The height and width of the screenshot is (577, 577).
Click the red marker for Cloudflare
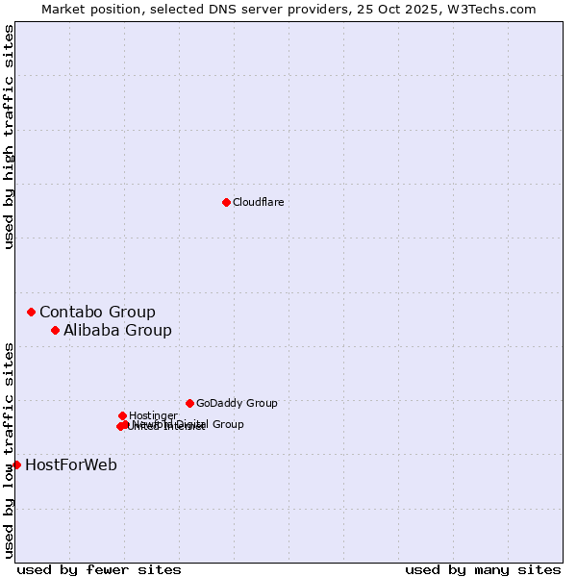(x=226, y=202)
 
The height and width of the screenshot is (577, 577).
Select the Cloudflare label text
(x=258, y=202)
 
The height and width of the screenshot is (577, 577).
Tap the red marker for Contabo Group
(x=32, y=312)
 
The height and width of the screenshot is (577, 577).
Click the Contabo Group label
(x=97, y=312)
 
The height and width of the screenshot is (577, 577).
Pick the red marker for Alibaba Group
(x=56, y=330)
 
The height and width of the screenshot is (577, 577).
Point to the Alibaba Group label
(x=117, y=330)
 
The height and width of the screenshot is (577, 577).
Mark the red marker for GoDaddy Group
(x=189, y=403)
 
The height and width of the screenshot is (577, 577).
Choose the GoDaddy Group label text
(x=237, y=403)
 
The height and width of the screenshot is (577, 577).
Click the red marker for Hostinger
(x=122, y=415)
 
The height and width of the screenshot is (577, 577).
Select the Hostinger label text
(x=153, y=415)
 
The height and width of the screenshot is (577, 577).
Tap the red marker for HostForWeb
(x=16, y=464)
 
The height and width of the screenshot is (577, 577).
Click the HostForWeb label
(x=71, y=465)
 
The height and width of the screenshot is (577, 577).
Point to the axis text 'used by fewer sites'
(x=99, y=569)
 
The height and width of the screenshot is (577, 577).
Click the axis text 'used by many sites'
(x=483, y=569)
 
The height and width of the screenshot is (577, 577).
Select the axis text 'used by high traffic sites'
(x=9, y=137)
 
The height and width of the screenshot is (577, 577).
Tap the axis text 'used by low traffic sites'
(x=9, y=450)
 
